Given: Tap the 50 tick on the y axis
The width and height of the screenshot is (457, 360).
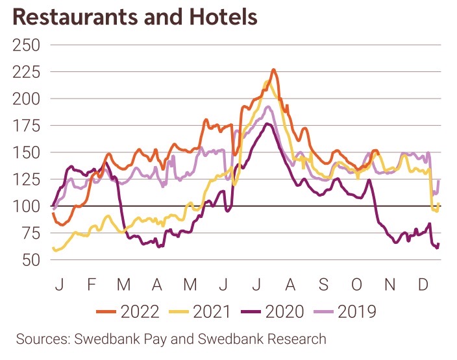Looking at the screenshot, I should click(x=30, y=260).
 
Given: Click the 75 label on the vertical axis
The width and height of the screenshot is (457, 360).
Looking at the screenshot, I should click(x=30, y=234).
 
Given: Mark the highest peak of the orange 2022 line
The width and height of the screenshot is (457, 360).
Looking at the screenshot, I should click(x=273, y=69).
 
